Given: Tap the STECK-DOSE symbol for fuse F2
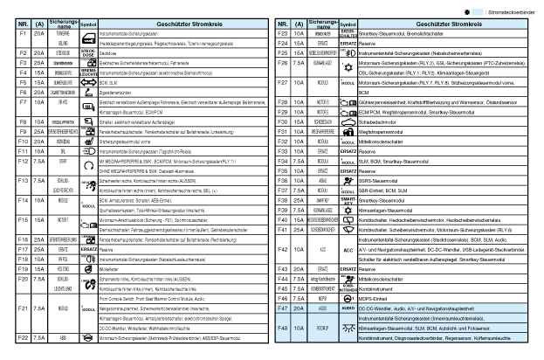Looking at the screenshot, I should click(87, 53).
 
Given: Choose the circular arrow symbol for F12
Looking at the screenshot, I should click(87, 164).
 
